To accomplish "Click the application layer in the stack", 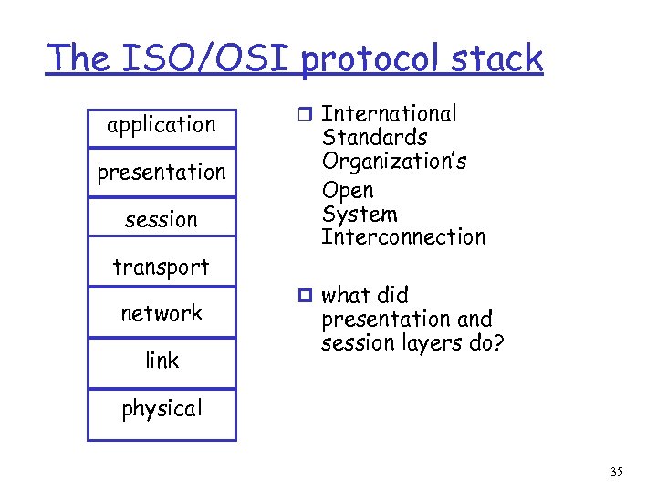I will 162,125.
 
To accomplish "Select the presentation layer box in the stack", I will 162,173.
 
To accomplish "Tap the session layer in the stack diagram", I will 162,220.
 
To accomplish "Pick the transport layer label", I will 162,267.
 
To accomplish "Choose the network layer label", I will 162,314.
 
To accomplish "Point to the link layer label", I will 162,361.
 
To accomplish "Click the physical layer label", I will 162,408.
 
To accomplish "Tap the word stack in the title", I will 498,59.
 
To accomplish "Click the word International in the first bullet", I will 390,114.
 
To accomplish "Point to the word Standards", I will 374,138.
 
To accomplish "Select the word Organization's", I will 394,163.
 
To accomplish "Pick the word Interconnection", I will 403,238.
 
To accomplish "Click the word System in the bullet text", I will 360,215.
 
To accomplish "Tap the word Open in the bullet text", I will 348,191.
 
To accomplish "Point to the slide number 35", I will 617,472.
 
